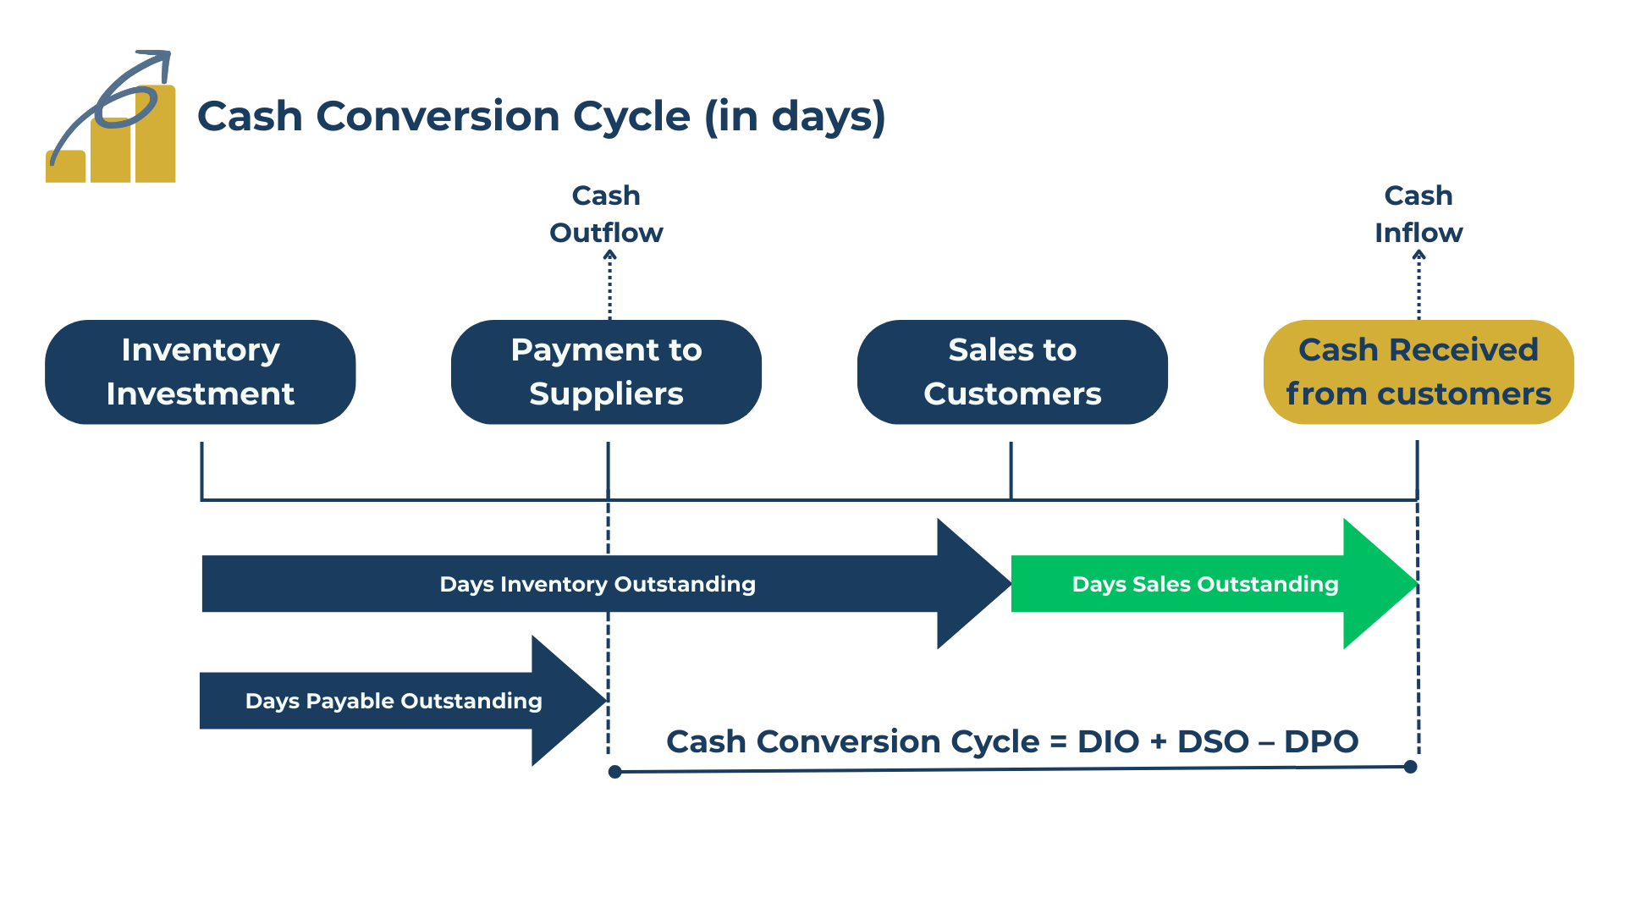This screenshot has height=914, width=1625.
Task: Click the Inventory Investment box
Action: click(x=201, y=372)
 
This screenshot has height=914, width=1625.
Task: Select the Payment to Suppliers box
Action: click(x=606, y=372)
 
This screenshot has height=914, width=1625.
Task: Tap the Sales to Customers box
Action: click(x=1012, y=372)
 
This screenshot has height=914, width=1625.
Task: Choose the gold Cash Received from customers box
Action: click(x=1418, y=372)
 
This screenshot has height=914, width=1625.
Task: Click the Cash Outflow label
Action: click(x=606, y=214)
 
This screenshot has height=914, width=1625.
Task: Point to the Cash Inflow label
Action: click(x=1418, y=214)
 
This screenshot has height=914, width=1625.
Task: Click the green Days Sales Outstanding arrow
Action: click(x=1205, y=584)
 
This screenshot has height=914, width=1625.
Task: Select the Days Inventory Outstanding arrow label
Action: click(x=598, y=584)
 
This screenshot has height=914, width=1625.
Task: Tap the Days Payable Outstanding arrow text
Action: click(x=394, y=701)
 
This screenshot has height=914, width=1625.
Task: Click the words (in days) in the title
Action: click(x=795, y=117)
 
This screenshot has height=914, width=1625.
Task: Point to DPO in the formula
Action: click(x=1320, y=741)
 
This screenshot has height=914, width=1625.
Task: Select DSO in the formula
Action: click(x=1213, y=741)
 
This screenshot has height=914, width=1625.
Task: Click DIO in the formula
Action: click(x=1108, y=741)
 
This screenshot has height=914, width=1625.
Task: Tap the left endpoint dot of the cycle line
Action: click(x=615, y=771)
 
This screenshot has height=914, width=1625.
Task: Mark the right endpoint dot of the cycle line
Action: click(x=1411, y=767)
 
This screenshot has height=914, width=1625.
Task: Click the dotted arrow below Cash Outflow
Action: click(x=609, y=284)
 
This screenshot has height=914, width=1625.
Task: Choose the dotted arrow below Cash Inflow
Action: click(x=1419, y=284)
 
